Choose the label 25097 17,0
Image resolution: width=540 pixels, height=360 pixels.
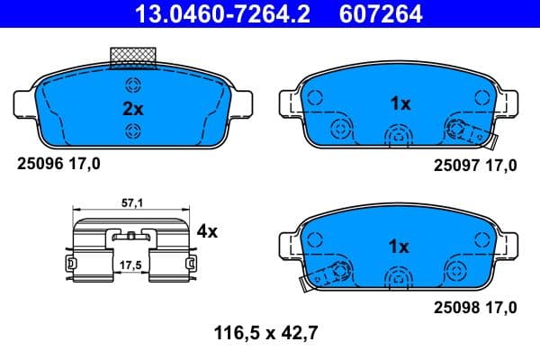coord(475,165)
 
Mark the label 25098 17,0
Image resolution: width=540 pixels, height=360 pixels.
coord(475,308)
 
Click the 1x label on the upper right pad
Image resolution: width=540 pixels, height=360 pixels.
coord(400,103)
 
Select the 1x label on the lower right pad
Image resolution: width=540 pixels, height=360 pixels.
coord(400,246)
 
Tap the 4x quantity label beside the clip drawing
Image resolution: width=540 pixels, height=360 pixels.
coord(207,231)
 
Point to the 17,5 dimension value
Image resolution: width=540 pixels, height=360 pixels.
coord(133,265)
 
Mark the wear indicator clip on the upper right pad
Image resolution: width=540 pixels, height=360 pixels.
coord(472,133)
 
